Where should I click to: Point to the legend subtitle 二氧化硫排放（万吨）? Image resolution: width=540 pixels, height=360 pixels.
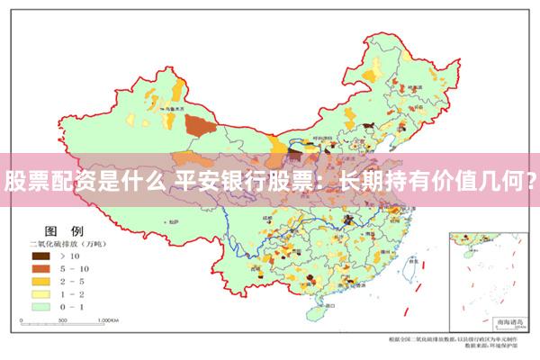(x=68, y=244)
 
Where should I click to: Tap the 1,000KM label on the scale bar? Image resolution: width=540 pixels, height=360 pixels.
(x=108, y=319)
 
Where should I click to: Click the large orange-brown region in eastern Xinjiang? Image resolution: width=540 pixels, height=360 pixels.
(x=200, y=125)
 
